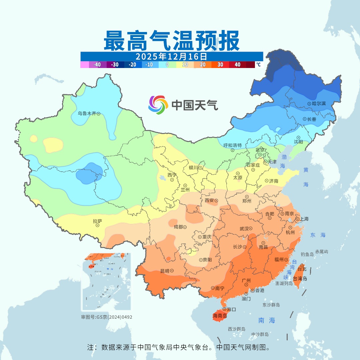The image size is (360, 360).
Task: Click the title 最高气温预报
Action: coord(171,41)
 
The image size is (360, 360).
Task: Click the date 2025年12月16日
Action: coord(171,56)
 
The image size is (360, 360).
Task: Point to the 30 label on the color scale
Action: coord(220,65)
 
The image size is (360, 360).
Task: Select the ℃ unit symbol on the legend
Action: coord(258,65)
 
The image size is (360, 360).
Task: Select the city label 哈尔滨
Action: coord(319,104)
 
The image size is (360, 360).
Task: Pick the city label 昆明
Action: coord(164,271)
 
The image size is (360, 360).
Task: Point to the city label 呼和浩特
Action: coord(232,145)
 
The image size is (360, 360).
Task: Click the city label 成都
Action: coord(178,227)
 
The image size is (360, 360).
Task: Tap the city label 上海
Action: coord(304,219)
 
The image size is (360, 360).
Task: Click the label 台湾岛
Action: coord(300,279)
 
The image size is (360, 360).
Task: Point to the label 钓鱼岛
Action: coord(307,254)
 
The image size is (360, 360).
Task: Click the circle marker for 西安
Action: coord(216,201)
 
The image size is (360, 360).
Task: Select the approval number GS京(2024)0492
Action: coord(107,317)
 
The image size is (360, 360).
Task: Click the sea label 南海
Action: coord(267,320)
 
